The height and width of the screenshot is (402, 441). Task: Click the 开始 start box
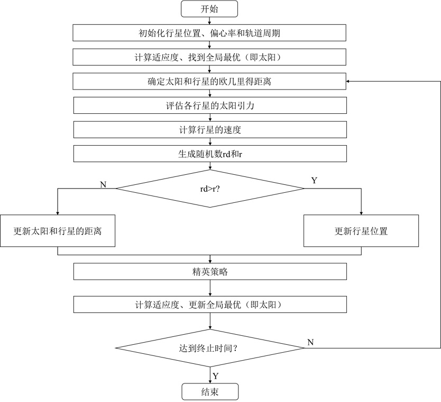209,9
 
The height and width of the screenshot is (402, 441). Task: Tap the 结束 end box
210,392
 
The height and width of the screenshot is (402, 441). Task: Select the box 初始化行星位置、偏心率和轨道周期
209,33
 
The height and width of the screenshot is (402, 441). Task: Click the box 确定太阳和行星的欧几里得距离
209,82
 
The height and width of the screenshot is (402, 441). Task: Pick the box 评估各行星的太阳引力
210,105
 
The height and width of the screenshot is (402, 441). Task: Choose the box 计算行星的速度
210,130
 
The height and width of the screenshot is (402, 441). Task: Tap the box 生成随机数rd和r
210,154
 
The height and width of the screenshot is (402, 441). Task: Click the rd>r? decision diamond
210,189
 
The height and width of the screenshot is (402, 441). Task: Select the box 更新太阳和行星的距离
58,231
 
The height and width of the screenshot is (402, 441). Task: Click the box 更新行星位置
361,231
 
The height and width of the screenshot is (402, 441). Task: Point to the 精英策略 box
210,272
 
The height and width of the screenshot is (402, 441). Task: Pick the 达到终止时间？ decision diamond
210,348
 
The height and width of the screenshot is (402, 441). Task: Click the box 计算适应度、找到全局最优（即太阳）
209,57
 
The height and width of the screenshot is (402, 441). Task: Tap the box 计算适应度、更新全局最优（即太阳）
210,305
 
